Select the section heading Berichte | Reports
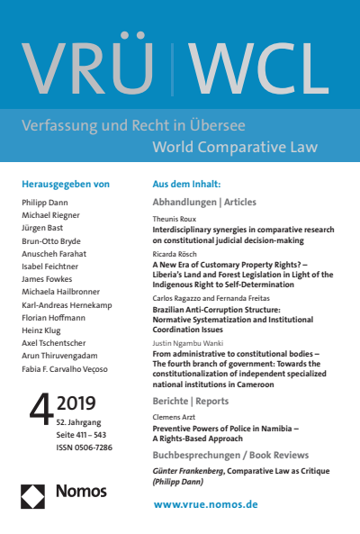tap(192, 400)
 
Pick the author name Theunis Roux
tap(174, 219)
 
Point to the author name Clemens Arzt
tap(174, 417)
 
